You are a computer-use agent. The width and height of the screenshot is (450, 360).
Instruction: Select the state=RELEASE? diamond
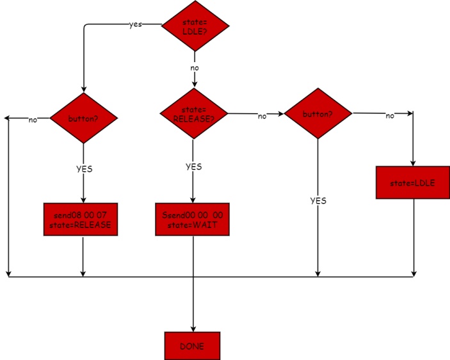(193, 113)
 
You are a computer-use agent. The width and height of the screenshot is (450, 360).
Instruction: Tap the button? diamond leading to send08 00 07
(84, 117)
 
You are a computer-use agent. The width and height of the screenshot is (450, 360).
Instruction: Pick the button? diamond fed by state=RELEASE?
(318, 115)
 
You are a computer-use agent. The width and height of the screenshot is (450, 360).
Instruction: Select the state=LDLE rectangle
(412, 183)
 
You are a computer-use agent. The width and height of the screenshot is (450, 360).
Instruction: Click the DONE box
(192, 346)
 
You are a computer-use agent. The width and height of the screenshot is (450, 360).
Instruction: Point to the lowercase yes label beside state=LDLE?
(136, 24)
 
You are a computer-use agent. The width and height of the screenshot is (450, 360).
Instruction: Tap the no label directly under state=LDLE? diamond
(194, 67)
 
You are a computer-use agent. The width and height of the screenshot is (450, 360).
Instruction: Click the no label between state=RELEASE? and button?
(262, 116)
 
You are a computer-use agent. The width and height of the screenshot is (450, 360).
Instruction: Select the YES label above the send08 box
(84, 170)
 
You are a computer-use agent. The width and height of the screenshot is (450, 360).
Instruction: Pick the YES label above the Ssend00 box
(193, 167)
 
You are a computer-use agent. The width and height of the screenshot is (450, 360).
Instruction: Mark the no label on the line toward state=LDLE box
(390, 116)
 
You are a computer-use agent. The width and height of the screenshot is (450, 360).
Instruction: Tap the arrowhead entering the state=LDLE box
(413, 163)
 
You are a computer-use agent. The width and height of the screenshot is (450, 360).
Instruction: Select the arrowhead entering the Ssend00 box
(193, 200)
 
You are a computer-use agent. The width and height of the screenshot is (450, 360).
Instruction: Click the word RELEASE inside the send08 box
(95, 225)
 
